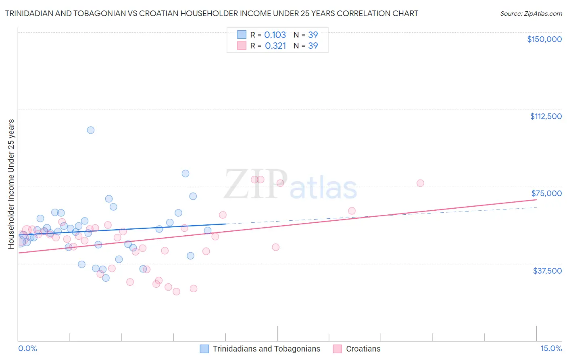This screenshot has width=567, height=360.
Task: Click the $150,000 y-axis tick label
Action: [544, 39]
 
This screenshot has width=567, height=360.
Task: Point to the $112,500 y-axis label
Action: [546, 116]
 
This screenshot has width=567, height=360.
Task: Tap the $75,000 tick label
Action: [546, 193]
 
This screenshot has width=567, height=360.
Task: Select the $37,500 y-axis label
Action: [547, 271]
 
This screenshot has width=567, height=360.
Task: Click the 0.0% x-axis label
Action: [27, 349]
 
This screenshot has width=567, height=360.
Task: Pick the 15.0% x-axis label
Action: [551, 349]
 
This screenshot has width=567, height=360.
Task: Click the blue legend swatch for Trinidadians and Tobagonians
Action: [204, 349]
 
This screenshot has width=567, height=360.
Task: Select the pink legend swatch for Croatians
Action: [338, 349]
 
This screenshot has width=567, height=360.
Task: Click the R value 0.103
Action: [275, 35]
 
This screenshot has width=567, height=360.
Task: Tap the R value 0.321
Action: [275, 46]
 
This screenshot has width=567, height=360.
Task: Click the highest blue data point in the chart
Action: [91, 130]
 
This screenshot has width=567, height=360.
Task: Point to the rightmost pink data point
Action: [420, 183]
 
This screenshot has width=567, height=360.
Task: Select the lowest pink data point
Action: [176, 291]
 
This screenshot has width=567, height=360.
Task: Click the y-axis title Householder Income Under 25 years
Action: [11, 184]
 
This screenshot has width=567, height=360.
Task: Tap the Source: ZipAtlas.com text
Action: [531, 14]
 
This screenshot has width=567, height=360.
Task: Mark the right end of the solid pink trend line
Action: [536, 199]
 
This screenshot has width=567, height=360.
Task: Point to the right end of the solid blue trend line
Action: [226, 224]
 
